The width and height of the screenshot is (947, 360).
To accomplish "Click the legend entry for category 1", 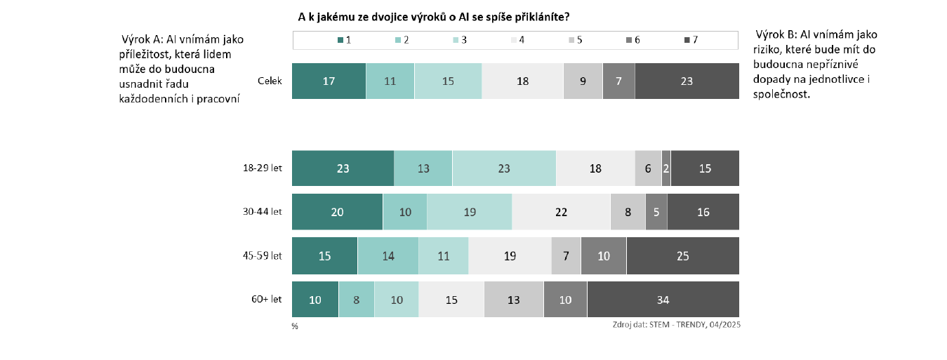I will (x=344, y=40).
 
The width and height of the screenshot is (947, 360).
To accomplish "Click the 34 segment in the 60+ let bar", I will (x=663, y=299).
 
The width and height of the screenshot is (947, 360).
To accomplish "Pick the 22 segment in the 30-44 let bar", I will (x=561, y=211).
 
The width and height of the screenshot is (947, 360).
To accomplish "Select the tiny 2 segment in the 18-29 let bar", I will (x=665, y=168).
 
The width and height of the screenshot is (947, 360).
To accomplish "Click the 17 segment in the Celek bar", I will (x=329, y=81).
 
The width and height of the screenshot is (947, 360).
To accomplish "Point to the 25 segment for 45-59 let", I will (x=682, y=255).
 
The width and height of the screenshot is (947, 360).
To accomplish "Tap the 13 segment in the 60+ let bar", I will (x=513, y=299).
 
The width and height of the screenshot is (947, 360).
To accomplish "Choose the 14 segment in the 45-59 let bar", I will (x=388, y=255).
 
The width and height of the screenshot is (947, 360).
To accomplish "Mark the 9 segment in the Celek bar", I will (x=583, y=81).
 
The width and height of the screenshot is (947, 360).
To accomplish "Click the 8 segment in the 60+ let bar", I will (x=356, y=299).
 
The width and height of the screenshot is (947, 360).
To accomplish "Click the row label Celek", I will (x=270, y=81).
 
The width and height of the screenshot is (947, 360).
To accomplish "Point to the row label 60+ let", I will (x=267, y=299).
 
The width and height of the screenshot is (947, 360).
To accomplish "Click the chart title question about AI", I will (x=433, y=15).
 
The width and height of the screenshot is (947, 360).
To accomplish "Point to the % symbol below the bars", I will (x=295, y=326).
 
